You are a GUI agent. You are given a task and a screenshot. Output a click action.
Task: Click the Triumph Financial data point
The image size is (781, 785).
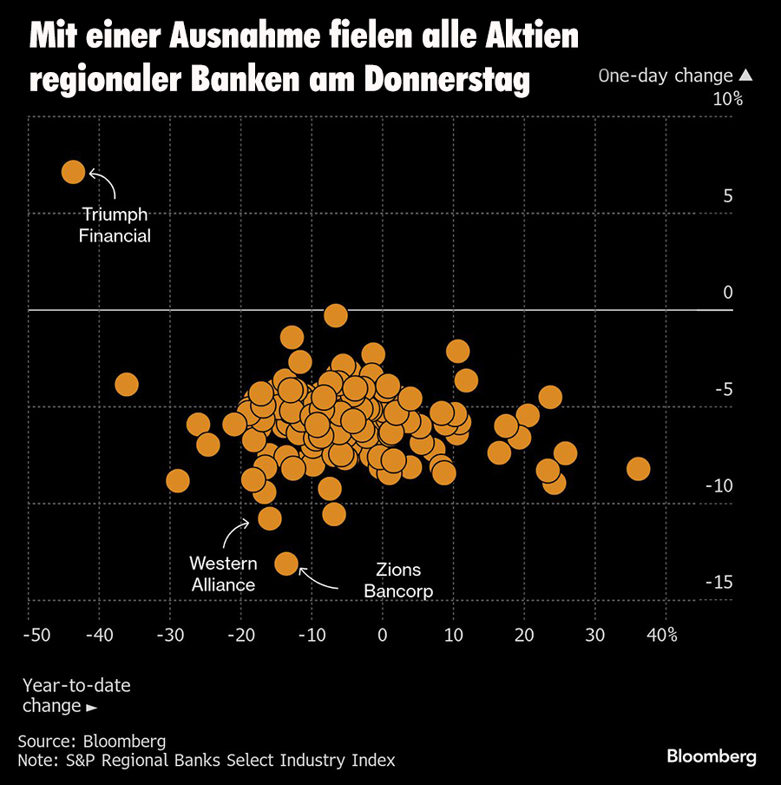(73, 172)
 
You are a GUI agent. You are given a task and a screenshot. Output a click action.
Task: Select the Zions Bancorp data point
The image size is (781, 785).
(286, 564)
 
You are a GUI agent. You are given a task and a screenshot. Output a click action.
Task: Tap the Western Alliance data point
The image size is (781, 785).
(270, 518)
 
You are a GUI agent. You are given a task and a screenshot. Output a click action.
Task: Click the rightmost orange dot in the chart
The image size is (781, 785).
(638, 469)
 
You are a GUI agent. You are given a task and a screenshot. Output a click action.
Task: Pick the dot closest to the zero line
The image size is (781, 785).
(335, 316)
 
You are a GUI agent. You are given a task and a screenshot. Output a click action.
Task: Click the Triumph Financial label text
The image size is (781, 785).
(115, 225)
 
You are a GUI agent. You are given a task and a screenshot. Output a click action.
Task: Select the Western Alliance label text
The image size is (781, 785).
(222, 574)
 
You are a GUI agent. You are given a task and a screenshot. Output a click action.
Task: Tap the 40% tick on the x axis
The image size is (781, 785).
(661, 635)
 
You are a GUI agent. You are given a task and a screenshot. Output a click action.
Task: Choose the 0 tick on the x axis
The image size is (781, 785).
(382, 635)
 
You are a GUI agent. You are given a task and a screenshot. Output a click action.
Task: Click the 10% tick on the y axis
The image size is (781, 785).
(727, 99)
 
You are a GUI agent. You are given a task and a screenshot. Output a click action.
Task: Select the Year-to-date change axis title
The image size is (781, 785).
(76, 696)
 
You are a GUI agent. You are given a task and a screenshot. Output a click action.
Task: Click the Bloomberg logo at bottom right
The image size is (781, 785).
(712, 756)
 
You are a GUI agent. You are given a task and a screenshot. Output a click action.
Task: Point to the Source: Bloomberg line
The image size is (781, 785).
(91, 741)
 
